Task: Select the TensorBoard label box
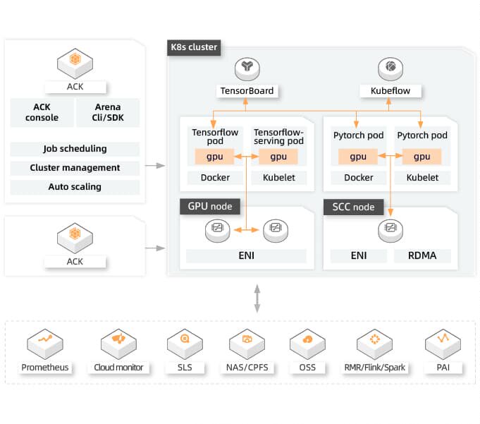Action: coord(247,91)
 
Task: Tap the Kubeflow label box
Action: coord(390,91)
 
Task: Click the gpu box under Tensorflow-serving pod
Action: coord(278,157)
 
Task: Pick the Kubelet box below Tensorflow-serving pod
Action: coord(278,178)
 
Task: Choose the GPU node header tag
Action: coord(210,207)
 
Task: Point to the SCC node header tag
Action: coord(354,207)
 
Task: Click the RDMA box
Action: coord(423,255)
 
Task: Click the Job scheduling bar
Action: coord(75,149)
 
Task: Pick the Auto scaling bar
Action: coord(75,187)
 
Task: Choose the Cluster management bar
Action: coord(75,168)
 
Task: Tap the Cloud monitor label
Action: coord(118,368)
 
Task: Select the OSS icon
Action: coord(307,342)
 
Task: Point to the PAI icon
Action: coord(443,342)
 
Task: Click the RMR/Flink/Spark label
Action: coord(375,368)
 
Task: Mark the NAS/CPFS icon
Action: coord(247,342)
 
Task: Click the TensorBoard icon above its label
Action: coord(247,68)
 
